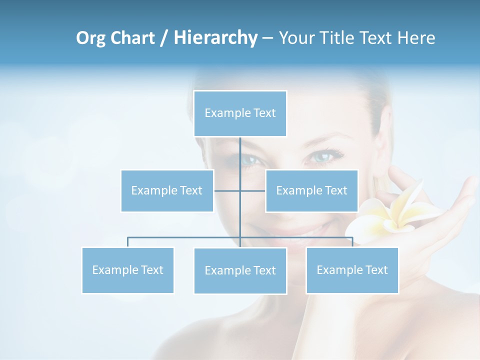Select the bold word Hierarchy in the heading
coord(215,38)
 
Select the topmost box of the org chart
coord(240,113)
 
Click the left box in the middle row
coord(167,190)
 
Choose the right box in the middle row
coord(311,190)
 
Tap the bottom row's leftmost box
coord(128,270)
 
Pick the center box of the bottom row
coord(240,270)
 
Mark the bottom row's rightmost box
coord(352,270)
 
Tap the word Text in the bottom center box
coord(264,270)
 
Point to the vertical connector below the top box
coord(240,155)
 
